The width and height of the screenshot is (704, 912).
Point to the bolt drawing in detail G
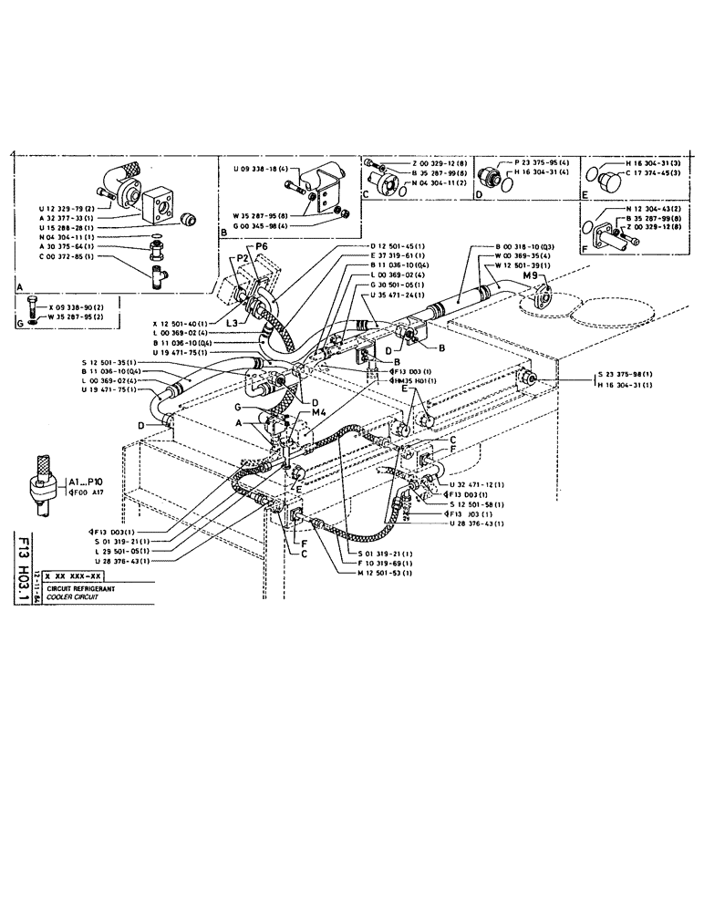(34, 306)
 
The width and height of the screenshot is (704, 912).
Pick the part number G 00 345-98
(259, 225)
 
